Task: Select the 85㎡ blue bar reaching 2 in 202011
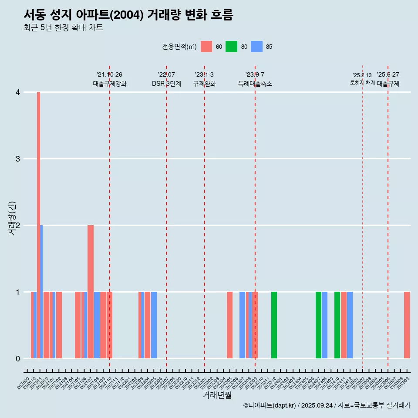(41, 292)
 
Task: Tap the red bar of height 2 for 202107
(91, 292)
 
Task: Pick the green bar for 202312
(274, 325)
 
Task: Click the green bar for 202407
(318, 325)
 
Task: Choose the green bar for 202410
(337, 325)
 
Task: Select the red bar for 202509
(407, 325)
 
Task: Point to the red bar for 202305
(229, 325)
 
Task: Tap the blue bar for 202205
(154, 325)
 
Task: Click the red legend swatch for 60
(206, 47)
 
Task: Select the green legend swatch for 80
(231, 47)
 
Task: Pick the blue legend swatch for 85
(257, 47)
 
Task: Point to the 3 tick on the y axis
(18, 159)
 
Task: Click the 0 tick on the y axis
(18, 359)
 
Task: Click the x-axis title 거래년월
(217, 395)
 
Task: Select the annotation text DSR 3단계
(166, 84)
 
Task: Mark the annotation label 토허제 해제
(362, 83)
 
